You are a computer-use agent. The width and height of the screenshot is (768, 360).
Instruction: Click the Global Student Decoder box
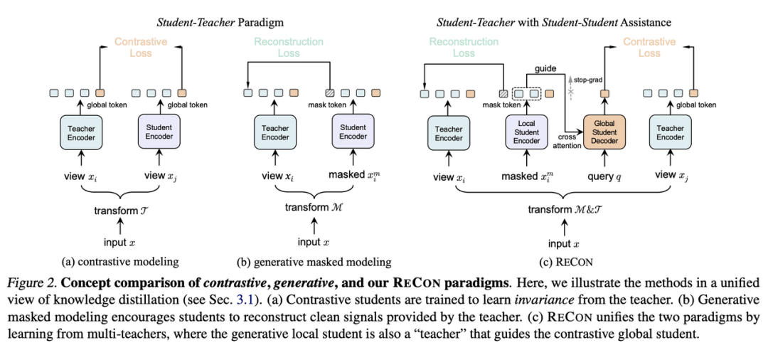(x=604, y=132)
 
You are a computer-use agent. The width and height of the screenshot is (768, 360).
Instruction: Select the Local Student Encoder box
(x=527, y=132)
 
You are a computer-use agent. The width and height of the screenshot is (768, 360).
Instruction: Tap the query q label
(x=604, y=175)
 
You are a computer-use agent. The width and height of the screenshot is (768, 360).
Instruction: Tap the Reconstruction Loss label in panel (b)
(x=287, y=48)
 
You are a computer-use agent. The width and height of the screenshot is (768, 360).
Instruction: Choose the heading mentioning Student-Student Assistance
(x=553, y=23)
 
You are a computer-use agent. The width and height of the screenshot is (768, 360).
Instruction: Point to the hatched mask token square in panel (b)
(x=328, y=92)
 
